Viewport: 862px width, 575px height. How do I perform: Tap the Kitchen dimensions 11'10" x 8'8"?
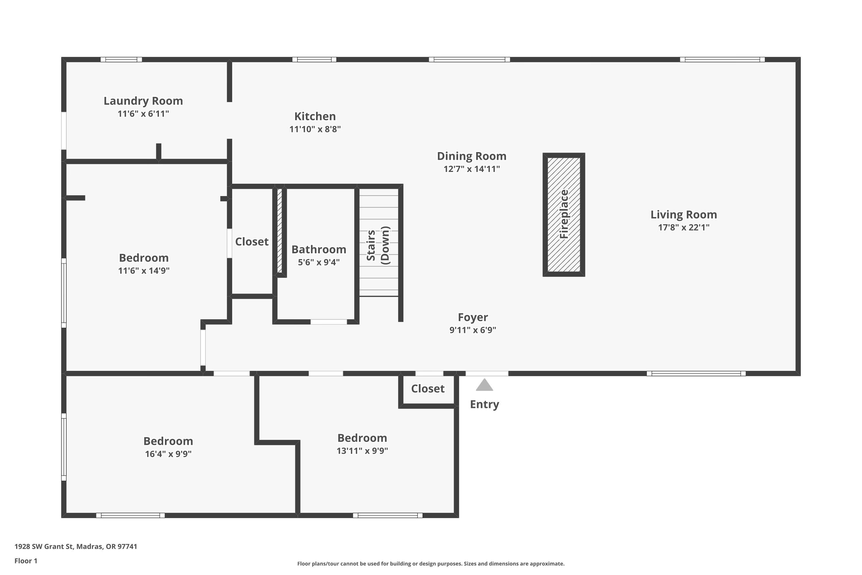pyautogui.click(x=315, y=129)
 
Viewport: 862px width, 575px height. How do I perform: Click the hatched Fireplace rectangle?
pyautogui.click(x=564, y=214)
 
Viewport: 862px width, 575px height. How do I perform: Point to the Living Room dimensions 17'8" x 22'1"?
pyautogui.click(x=684, y=227)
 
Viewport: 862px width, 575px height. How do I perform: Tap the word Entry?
pyautogui.click(x=484, y=404)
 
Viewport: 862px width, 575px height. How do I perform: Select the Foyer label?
pyautogui.click(x=472, y=317)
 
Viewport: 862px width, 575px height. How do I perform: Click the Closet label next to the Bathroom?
pyautogui.click(x=251, y=242)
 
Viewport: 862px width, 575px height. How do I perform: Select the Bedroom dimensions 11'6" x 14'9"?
pyautogui.click(x=144, y=271)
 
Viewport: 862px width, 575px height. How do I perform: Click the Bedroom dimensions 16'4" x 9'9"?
pyautogui.click(x=168, y=454)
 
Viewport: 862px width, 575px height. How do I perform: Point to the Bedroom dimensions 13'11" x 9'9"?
pyautogui.click(x=362, y=451)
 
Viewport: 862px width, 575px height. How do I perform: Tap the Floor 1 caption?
pyautogui.click(x=26, y=561)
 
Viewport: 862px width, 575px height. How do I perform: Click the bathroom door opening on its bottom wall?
pyautogui.click(x=328, y=322)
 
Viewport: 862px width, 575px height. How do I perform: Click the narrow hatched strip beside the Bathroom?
pyautogui.click(x=280, y=230)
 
